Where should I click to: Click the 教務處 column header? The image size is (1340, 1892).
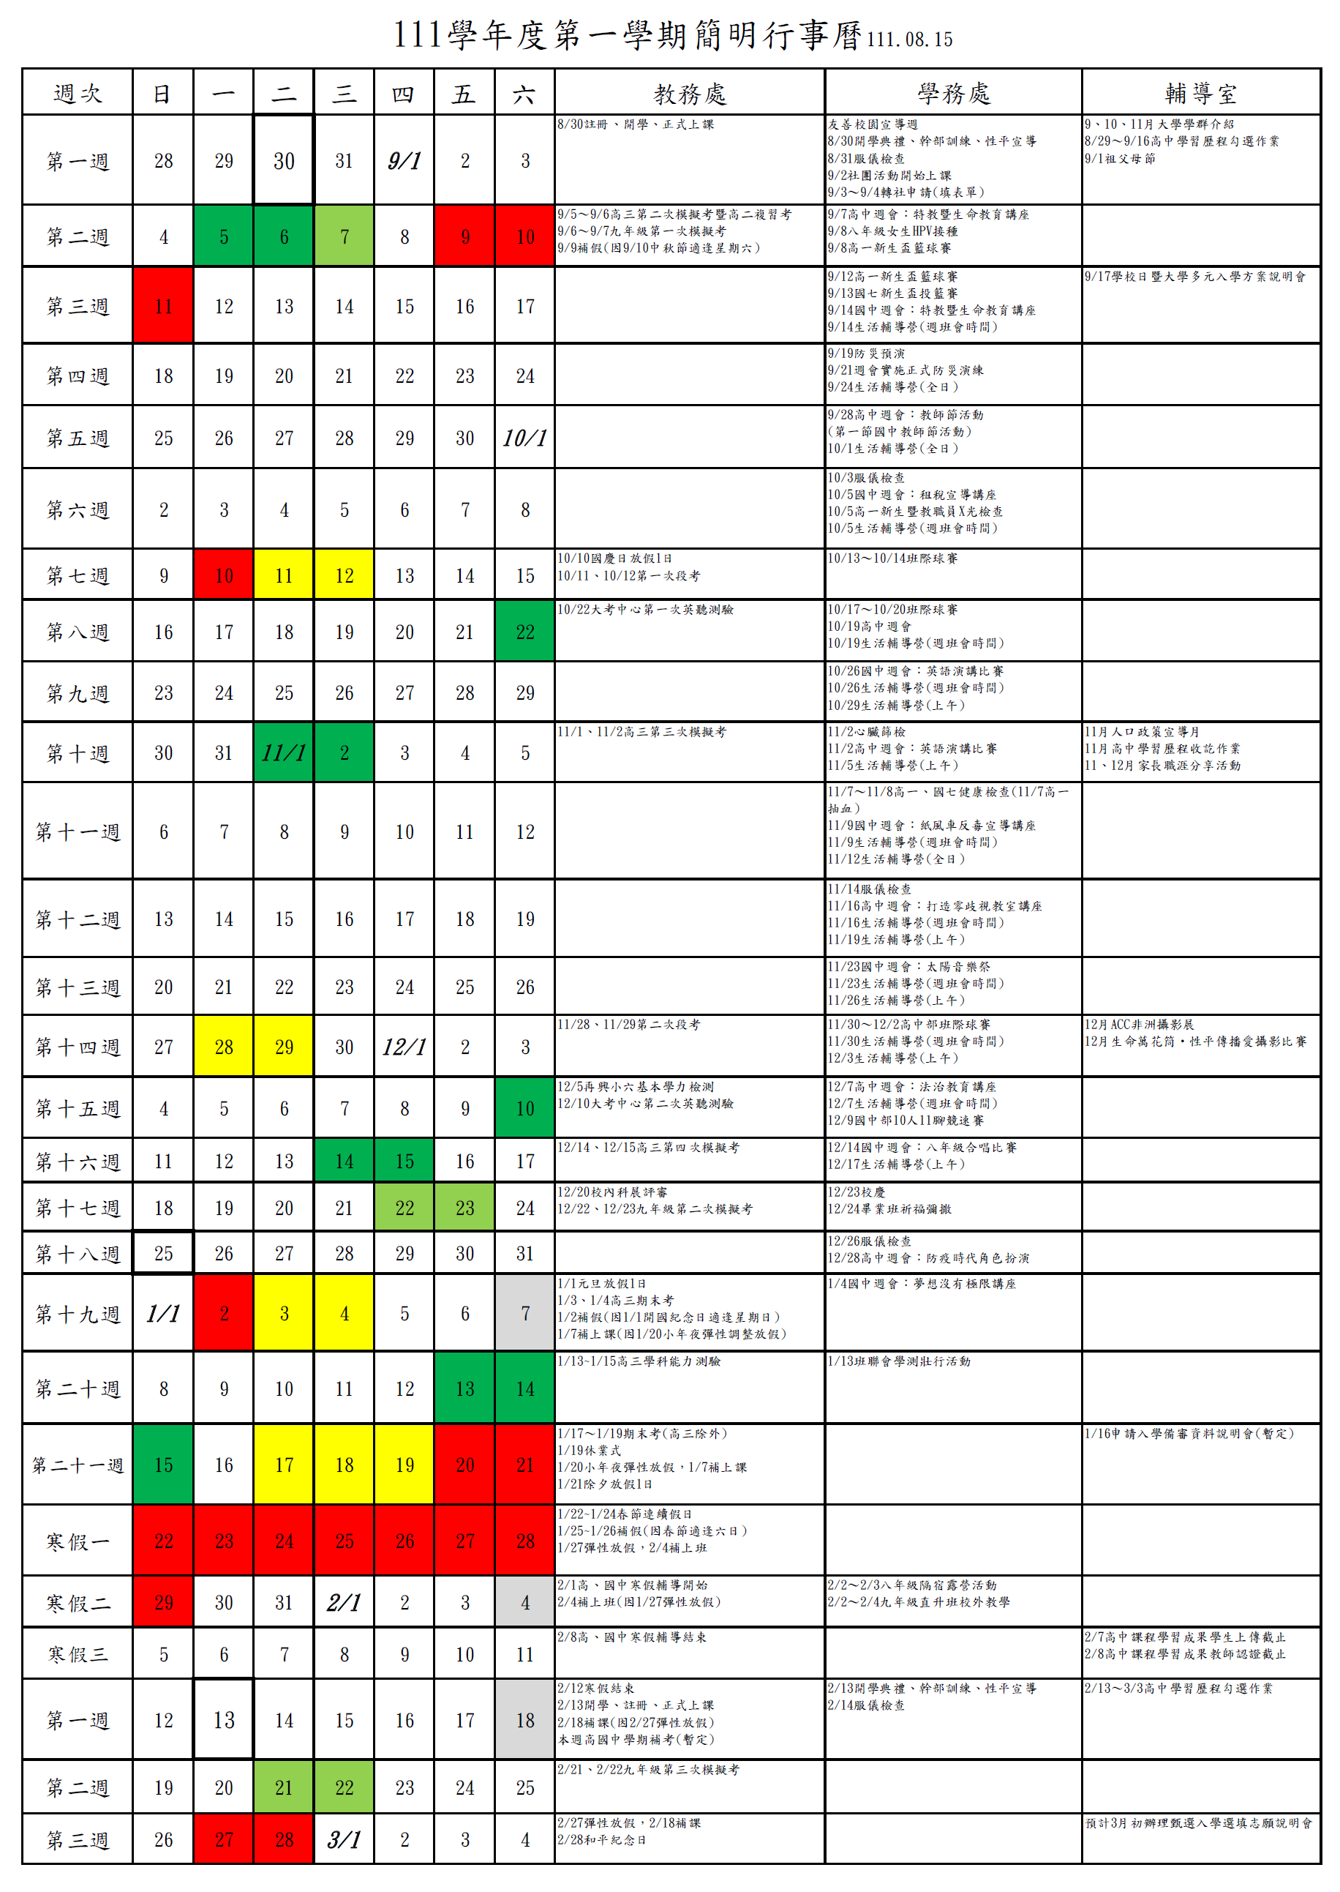click(689, 93)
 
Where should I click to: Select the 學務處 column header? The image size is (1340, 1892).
click(953, 93)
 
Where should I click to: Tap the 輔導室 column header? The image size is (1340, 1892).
click(1200, 93)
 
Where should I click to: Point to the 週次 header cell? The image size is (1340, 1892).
click(78, 93)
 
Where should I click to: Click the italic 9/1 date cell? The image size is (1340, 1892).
click(404, 161)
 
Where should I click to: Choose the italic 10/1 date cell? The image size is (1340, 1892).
click(524, 438)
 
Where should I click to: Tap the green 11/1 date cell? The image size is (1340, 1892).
click(284, 753)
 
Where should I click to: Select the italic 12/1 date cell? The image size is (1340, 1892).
click(404, 1047)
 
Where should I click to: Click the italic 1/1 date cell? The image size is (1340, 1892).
click(163, 1313)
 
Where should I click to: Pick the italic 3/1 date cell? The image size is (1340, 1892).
click(344, 1839)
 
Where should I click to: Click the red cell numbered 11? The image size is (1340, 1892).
click(163, 306)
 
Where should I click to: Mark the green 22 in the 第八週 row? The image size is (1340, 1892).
click(524, 632)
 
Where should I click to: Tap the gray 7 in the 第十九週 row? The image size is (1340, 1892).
click(524, 1313)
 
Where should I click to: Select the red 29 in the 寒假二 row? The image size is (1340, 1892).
click(163, 1602)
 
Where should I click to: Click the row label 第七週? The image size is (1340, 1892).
click(78, 575)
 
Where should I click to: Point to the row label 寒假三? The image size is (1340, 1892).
click(78, 1654)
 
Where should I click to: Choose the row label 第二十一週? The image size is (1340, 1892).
click(78, 1465)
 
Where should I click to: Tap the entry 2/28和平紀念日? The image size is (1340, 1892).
click(601, 1840)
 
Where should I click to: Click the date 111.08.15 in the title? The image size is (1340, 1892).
click(909, 40)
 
